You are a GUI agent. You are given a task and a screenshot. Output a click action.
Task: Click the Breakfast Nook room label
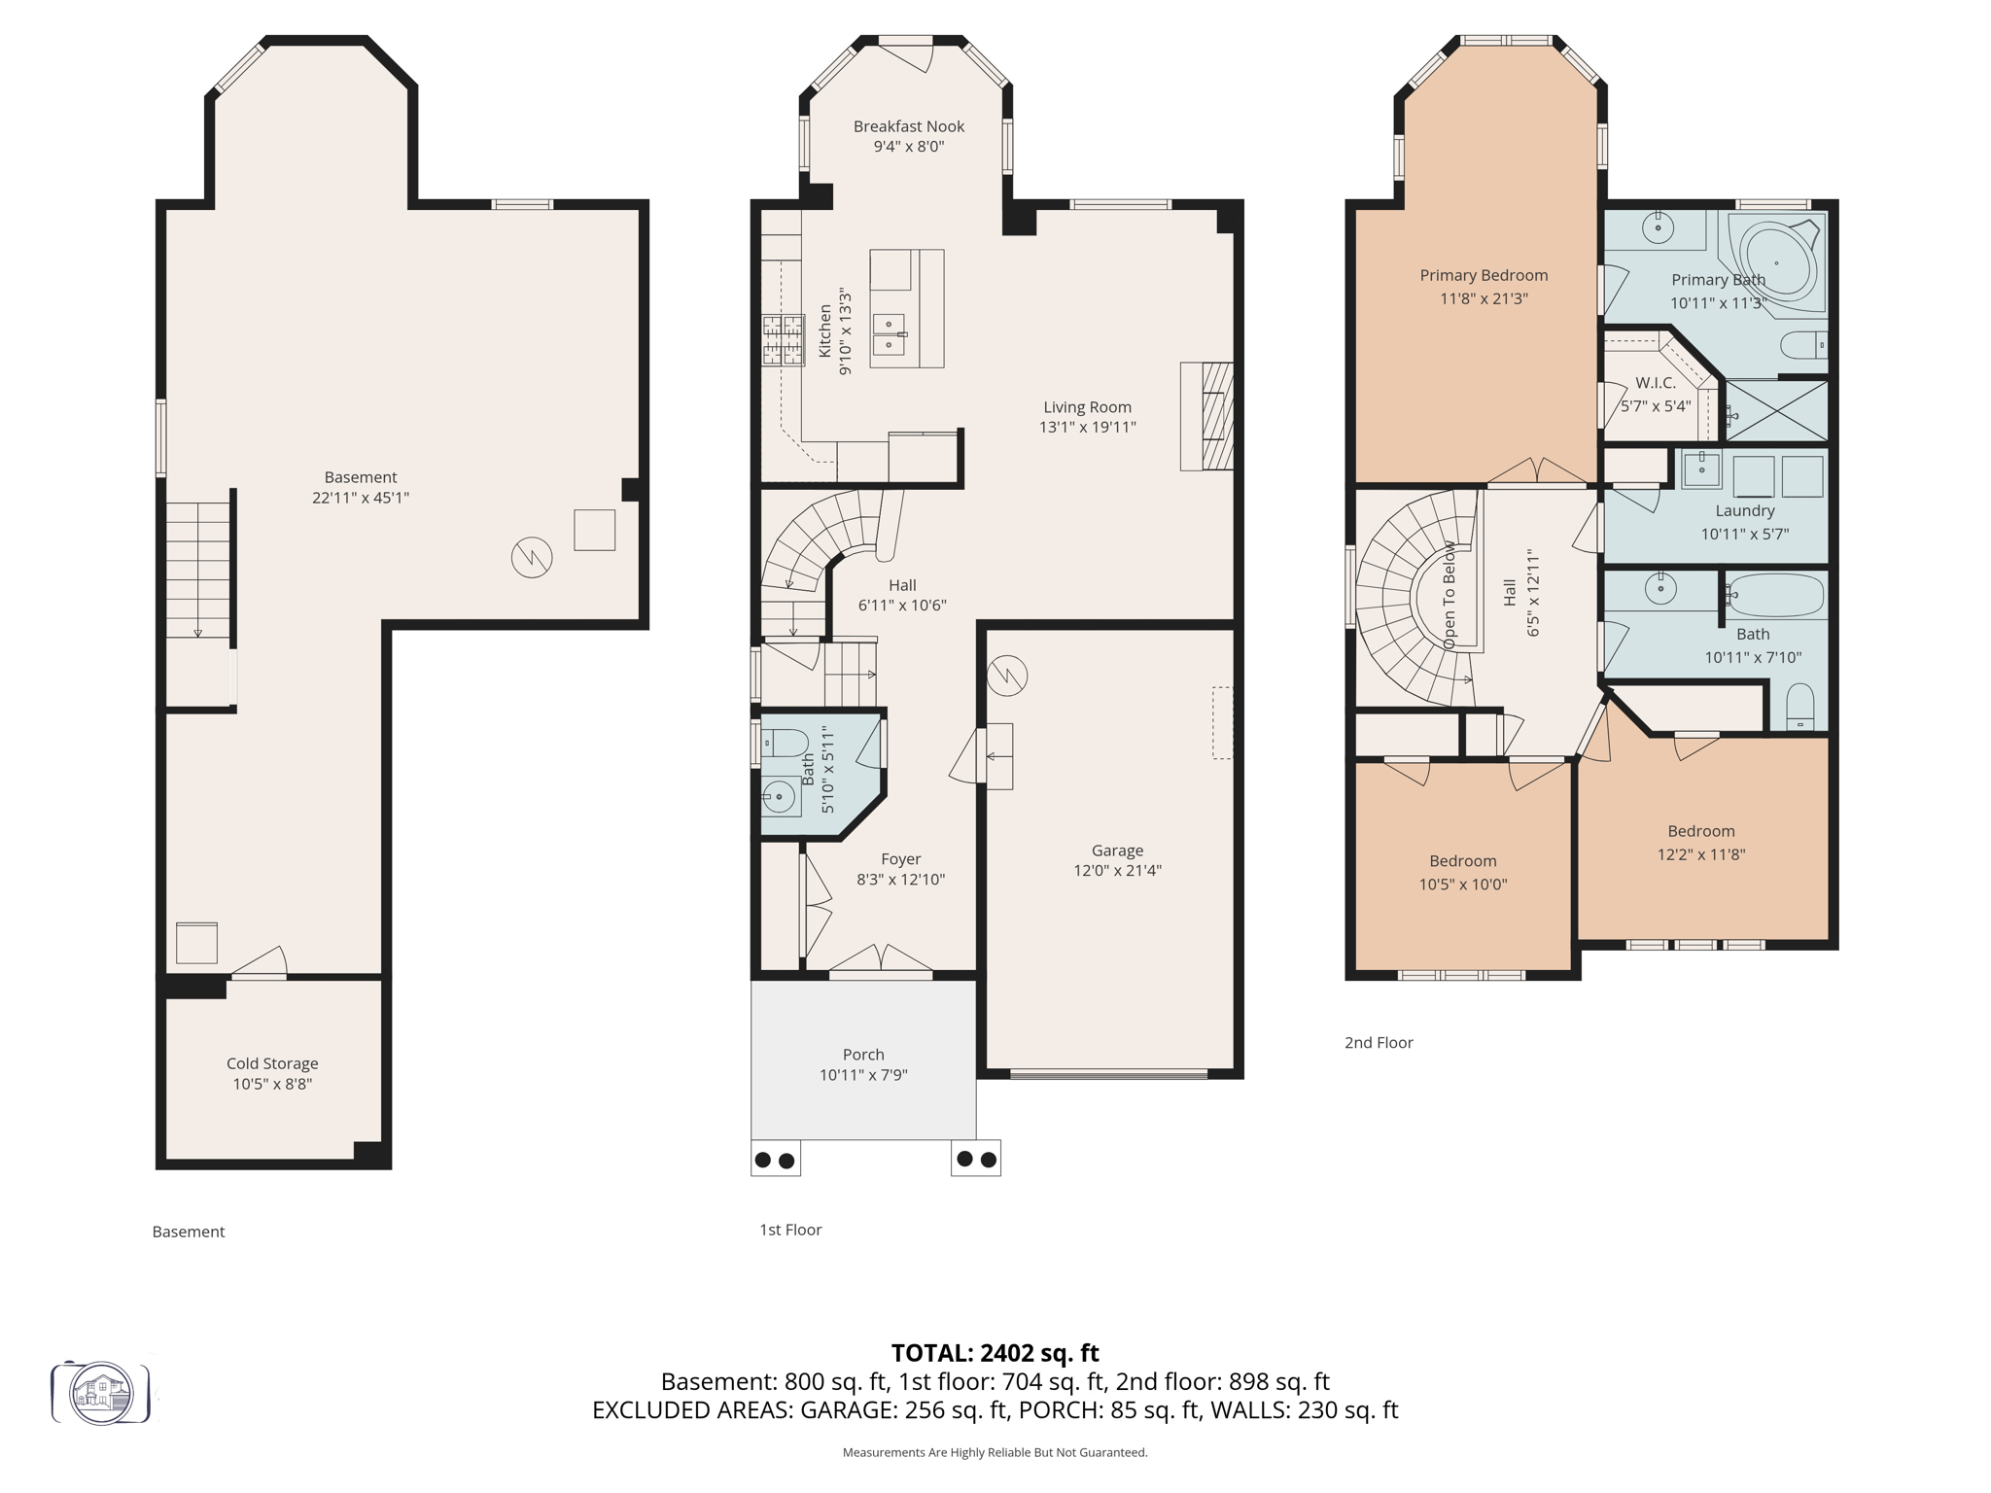tap(908, 126)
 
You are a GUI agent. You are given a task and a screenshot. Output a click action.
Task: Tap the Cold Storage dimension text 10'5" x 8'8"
tap(272, 1084)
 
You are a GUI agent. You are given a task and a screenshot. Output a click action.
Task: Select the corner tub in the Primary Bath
tap(1776, 262)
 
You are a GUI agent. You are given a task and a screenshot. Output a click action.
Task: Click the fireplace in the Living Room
tap(1208, 416)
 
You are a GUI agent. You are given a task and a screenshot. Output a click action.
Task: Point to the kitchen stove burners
tap(783, 340)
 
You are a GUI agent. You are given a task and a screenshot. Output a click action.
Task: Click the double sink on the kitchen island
tap(889, 334)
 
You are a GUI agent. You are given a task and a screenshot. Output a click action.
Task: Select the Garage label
tap(1116, 851)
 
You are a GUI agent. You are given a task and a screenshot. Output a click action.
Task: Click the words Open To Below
tap(1450, 595)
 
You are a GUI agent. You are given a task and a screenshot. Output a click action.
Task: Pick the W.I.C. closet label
tap(1655, 383)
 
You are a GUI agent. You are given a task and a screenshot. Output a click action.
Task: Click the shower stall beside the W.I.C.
tap(1775, 411)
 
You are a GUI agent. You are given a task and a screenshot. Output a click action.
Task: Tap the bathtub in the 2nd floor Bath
tap(1775, 595)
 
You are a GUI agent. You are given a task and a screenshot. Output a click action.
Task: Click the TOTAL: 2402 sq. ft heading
tap(995, 1353)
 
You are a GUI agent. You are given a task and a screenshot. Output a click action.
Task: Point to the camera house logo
tap(101, 1393)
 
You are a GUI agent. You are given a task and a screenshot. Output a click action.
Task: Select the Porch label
tap(863, 1055)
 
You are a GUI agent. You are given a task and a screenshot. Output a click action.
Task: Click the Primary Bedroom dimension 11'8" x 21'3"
tap(1484, 298)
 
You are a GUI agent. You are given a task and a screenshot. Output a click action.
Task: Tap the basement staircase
tap(198, 570)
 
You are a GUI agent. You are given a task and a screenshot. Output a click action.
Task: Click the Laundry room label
tap(1744, 510)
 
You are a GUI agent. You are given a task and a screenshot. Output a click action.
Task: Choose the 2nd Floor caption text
tap(1378, 1043)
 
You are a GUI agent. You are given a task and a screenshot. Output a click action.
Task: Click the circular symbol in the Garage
tap(1007, 676)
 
